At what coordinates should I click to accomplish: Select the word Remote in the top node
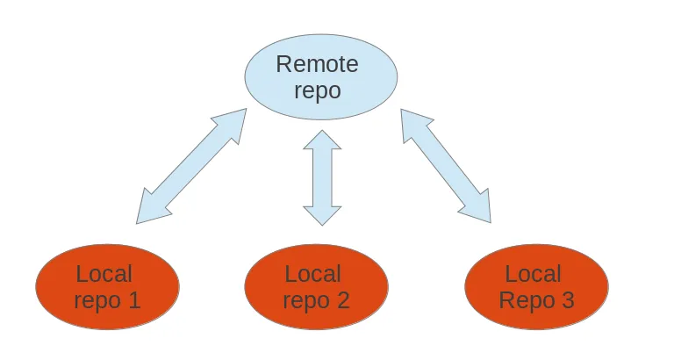pyautogui.click(x=317, y=64)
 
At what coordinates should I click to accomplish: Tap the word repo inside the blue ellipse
pyautogui.click(x=318, y=90)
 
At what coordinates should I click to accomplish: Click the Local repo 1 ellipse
pyautogui.click(x=107, y=287)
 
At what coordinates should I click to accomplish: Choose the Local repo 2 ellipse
pyautogui.click(x=317, y=287)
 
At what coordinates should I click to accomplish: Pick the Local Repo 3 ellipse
pyautogui.click(x=535, y=287)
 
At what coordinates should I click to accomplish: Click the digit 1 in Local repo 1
pyautogui.click(x=133, y=300)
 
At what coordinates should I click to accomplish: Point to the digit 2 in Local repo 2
pyautogui.click(x=342, y=300)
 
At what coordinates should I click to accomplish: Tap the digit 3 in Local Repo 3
pyautogui.click(x=566, y=300)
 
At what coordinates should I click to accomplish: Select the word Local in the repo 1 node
pyautogui.click(x=104, y=274)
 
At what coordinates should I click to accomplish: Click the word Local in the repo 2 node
pyautogui.click(x=313, y=274)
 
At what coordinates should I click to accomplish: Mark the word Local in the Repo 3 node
pyautogui.click(x=533, y=274)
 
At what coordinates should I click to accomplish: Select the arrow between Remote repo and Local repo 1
pyautogui.click(x=191, y=166)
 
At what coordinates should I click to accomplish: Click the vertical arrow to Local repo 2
pyautogui.click(x=322, y=178)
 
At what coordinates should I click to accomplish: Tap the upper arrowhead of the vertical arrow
pyautogui.click(x=322, y=140)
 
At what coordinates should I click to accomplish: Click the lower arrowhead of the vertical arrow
pyautogui.click(x=322, y=214)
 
